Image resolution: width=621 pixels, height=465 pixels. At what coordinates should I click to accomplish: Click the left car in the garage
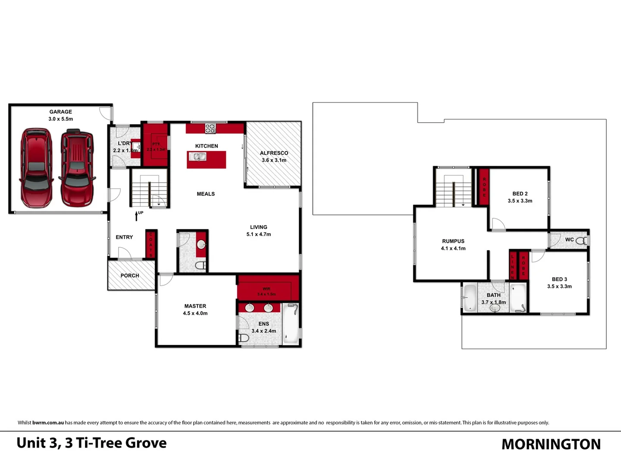[x=36, y=167]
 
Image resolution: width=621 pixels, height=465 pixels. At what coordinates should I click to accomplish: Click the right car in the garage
[x=77, y=168]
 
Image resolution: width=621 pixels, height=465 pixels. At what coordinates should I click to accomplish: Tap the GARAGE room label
[x=60, y=112]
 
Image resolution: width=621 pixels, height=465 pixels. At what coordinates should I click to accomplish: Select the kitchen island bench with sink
[x=206, y=159]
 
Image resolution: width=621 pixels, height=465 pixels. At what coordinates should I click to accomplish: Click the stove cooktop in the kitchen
[x=210, y=128]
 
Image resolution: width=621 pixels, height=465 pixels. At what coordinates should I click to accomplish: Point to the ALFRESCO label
[x=274, y=153]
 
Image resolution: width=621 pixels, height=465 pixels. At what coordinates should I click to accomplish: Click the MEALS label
[x=206, y=194]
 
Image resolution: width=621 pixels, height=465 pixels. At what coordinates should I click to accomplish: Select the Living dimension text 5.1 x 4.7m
[x=259, y=235]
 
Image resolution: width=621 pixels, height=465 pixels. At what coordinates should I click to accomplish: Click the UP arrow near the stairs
[x=137, y=215]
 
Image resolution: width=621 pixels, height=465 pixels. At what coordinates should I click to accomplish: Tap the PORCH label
[x=130, y=276]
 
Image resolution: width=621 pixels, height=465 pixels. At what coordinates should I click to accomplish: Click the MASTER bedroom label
[x=195, y=306]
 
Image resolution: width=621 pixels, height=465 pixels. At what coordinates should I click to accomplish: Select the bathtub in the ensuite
[x=291, y=324]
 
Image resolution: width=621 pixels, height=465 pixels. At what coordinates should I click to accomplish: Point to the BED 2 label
[x=520, y=194]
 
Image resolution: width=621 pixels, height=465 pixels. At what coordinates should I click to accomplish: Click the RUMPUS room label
[x=453, y=242]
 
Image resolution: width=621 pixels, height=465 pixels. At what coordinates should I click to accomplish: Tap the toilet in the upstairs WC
[x=581, y=241]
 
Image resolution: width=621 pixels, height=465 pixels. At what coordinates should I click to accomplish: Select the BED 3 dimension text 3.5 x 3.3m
[x=559, y=287]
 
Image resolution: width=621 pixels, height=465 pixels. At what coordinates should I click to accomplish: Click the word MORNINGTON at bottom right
[x=551, y=444]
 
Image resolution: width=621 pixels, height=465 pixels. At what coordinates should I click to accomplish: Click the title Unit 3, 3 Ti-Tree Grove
[x=91, y=443]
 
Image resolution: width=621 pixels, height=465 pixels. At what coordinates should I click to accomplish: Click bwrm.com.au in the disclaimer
[x=48, y=423]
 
